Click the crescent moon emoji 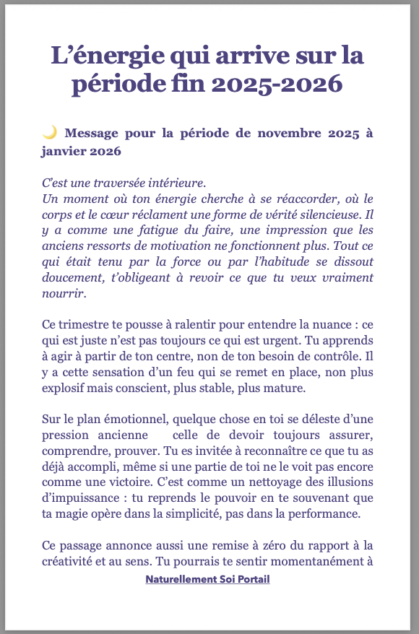49,132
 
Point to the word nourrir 64,294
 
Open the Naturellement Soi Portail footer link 207,579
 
